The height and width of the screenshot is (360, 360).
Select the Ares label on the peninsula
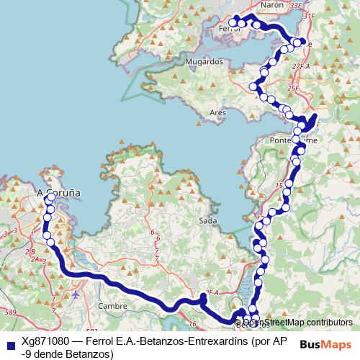(217, 112)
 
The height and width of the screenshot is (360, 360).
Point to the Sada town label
(207, 220)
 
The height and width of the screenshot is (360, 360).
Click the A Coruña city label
(58, 193)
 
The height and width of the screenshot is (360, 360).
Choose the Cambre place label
(112, 305)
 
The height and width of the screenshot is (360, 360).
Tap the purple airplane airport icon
(76, 294)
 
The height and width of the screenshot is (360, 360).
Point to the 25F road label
(293, 88)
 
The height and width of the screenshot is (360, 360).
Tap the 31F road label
(310, 15)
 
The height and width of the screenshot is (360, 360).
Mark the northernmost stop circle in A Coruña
(51, 197)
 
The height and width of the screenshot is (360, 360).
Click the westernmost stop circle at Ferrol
(233, 22)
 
